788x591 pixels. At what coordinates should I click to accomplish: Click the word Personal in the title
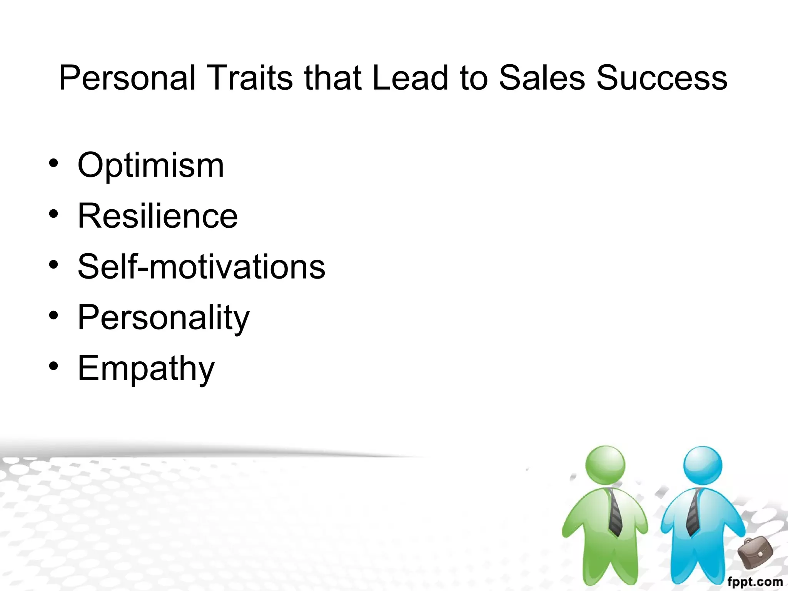(x=127, y=78)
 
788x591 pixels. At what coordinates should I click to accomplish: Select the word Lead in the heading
(x=410, y=78)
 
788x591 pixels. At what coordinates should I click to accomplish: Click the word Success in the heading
(x=662, y=78)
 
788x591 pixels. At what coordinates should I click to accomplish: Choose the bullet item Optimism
(x=151, y=165)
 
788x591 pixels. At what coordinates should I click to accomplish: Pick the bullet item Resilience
(x=158, y=216)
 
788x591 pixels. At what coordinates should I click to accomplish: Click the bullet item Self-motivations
(x=202, y=267)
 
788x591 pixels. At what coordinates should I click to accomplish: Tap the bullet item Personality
(x=164, y=318)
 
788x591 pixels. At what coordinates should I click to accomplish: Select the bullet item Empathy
(x=146, y=369)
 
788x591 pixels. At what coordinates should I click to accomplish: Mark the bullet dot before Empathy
(x=54, y=366)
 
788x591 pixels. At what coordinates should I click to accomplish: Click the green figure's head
(x=605, y=465)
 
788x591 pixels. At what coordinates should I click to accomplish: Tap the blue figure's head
(x=703, y=465)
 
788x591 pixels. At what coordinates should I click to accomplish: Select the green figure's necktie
(x=615, y=512)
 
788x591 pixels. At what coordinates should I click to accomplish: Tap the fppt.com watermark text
(x=755, y=582)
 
